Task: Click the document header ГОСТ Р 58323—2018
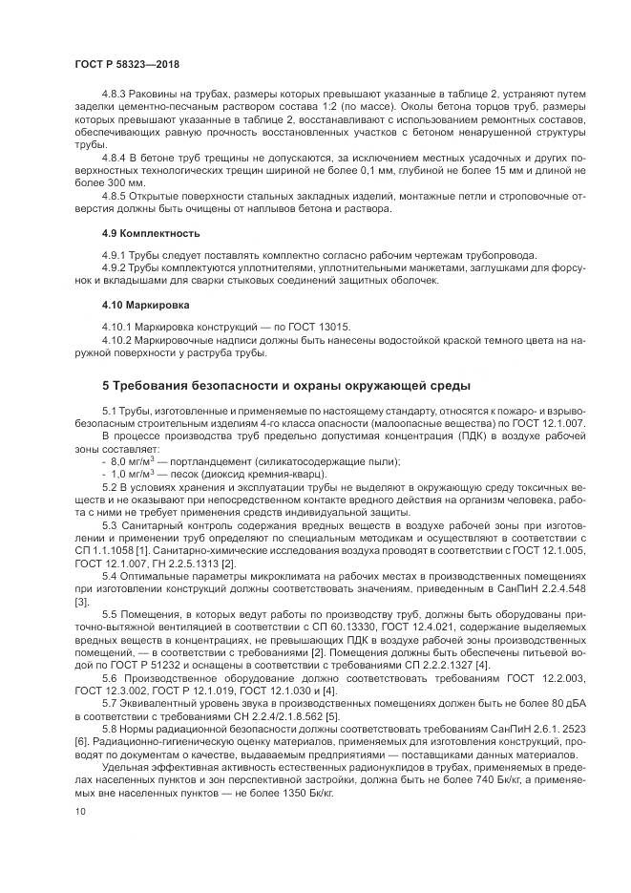[126, 64]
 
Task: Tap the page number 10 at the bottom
[79, 812]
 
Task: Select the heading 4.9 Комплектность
[137, 232]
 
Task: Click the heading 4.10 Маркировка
[134, 305]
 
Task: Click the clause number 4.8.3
[116, 95]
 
